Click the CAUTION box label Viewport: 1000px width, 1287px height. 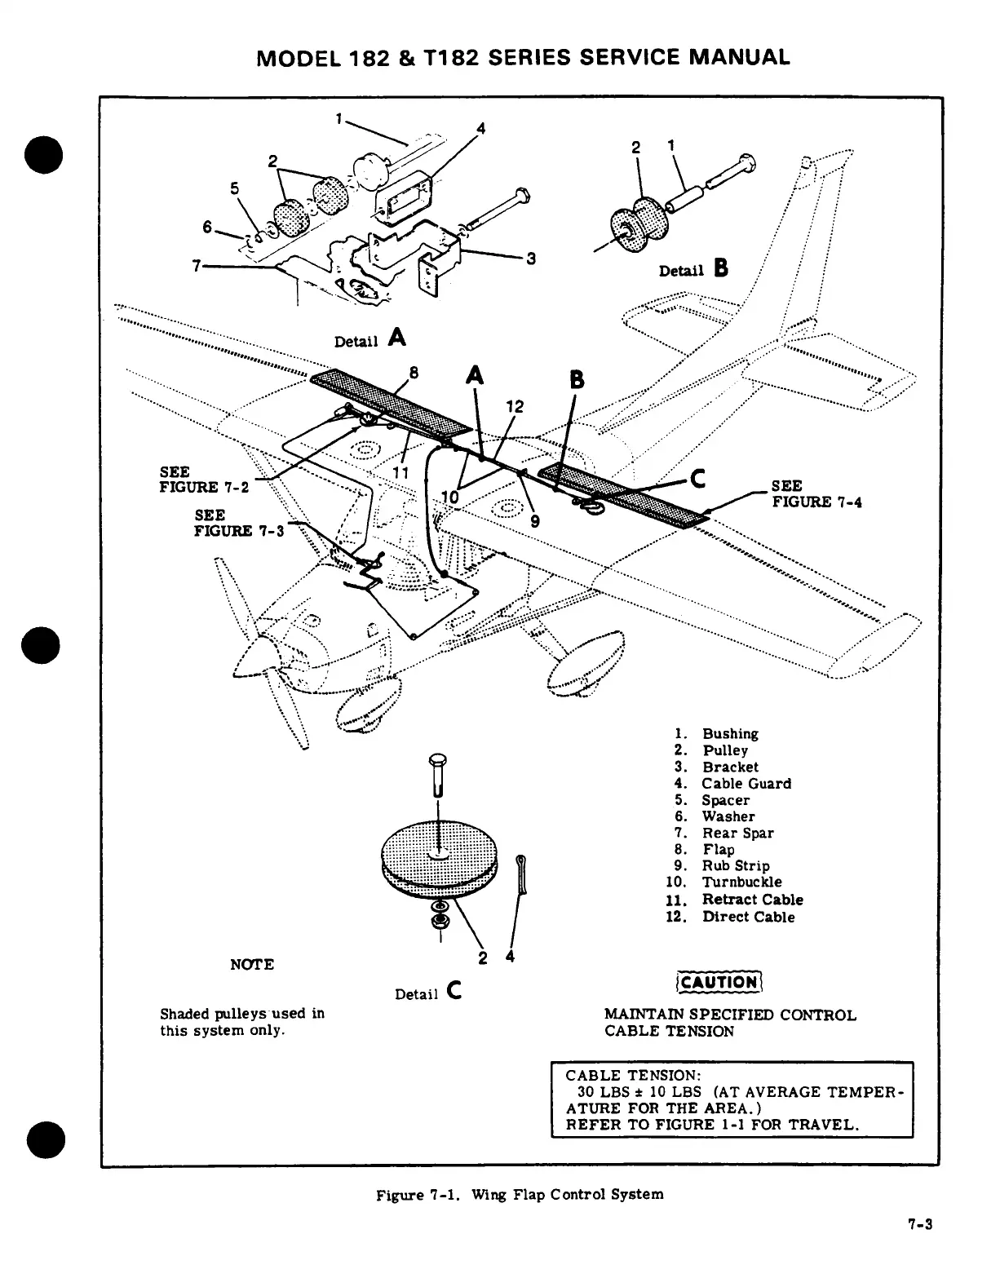719,982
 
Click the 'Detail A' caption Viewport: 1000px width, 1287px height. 370,338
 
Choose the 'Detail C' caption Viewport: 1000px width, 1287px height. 429,993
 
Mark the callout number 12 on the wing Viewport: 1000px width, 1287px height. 515,407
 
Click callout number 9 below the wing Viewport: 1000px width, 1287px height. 535,523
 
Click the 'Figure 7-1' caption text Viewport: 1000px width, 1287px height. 519,1195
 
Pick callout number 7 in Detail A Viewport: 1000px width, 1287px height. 196,266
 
